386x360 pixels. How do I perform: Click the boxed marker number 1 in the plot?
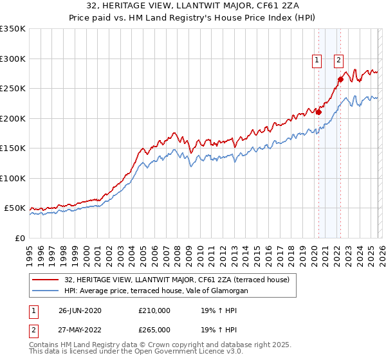(x=317, y=61)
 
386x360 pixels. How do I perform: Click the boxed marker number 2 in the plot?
(x=338, y=61)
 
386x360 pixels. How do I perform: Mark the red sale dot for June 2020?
(x=318, y=112)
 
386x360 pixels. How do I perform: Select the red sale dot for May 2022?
(x=340, y=79)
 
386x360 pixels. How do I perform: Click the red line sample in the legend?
(x=46, y=280)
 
